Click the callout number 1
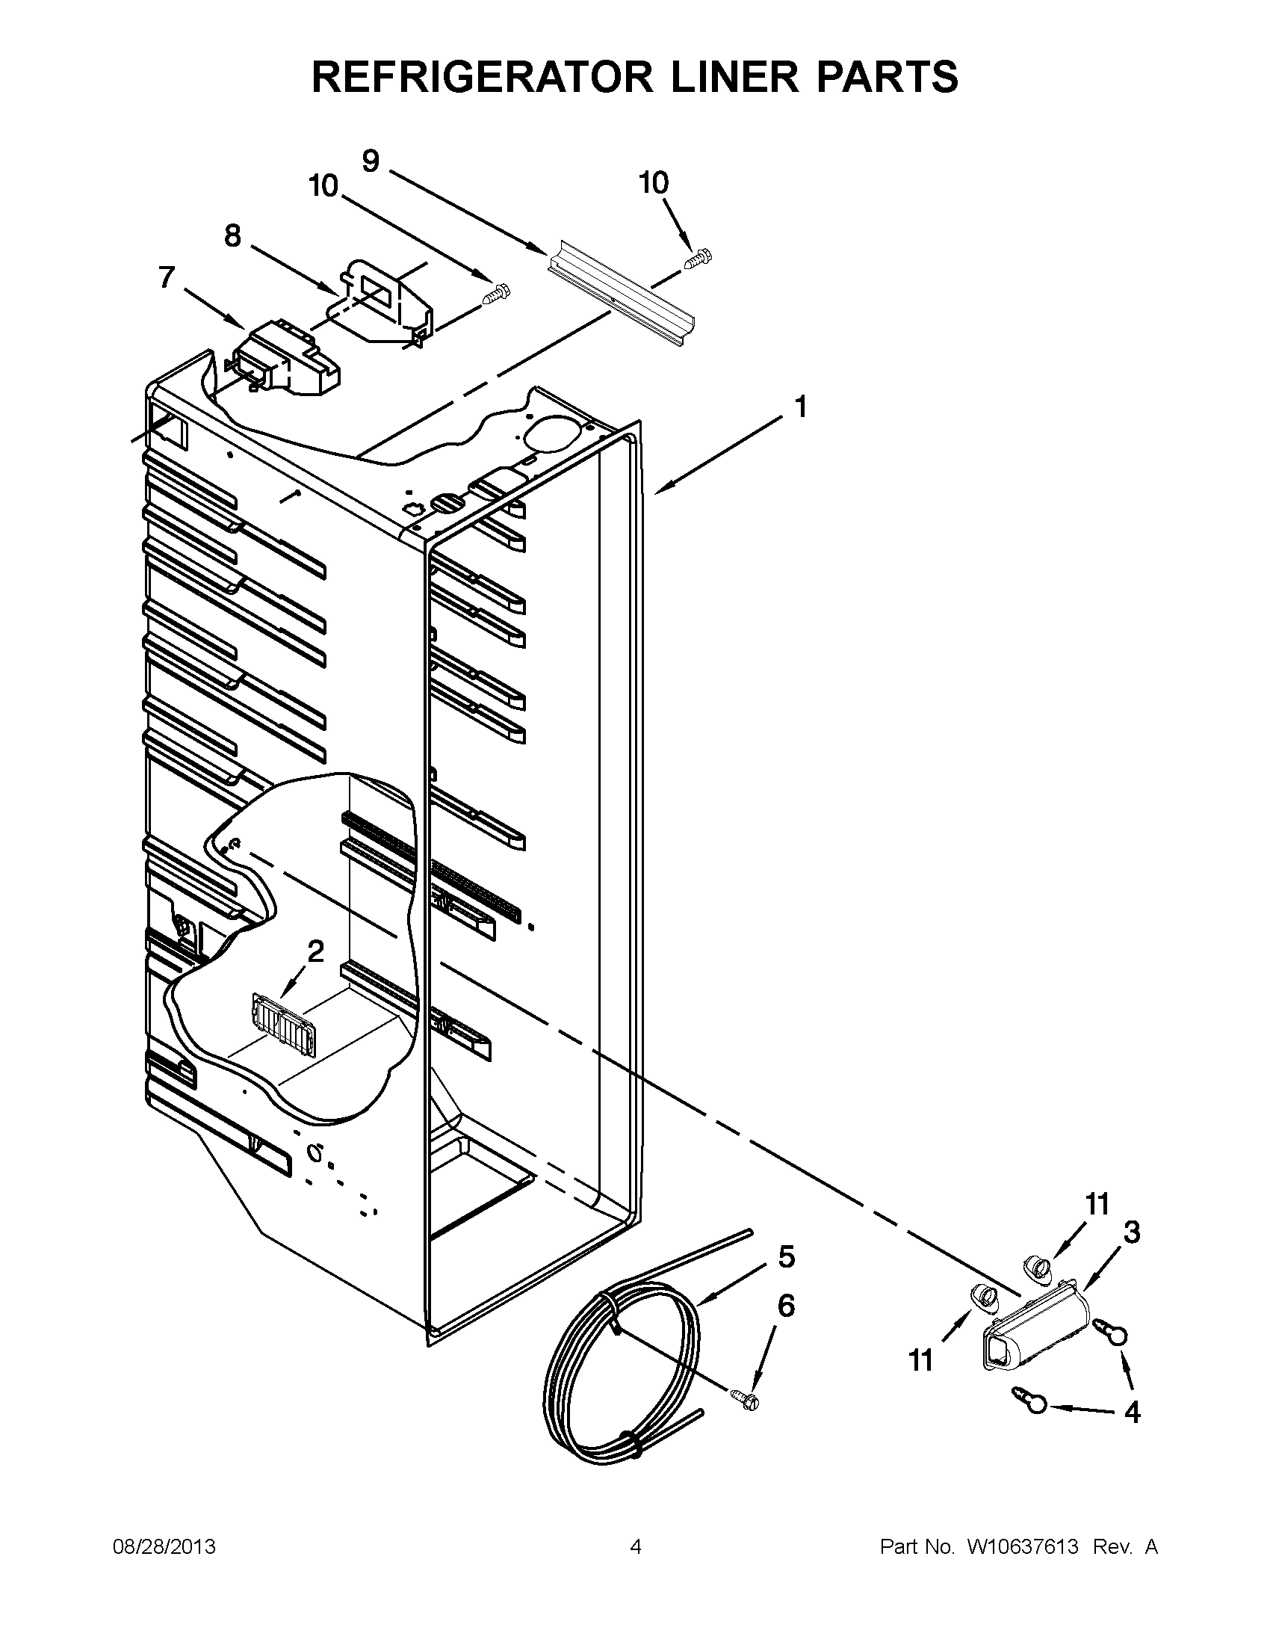point(800,407)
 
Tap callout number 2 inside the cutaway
point(315,952)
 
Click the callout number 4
point(1132,1412)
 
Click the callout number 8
point(232,236)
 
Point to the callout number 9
point(371,161)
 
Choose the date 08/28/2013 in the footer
point(164,1547)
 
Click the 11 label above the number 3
point(1097,1204)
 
